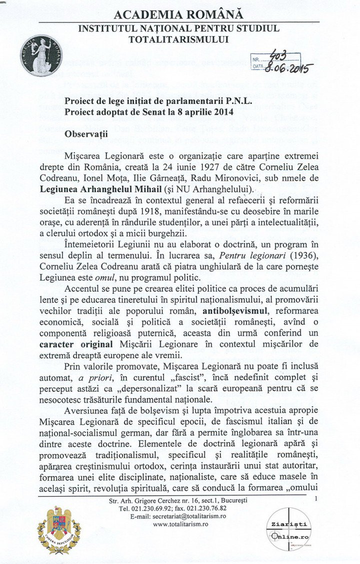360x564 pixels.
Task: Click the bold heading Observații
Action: pyautogui.click(x=85, y=134)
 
